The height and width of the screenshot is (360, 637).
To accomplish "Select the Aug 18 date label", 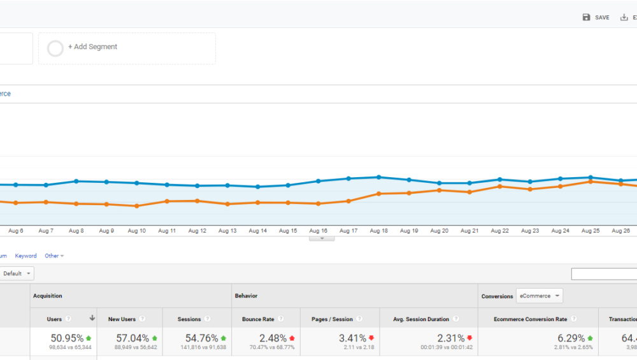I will coord(378,231).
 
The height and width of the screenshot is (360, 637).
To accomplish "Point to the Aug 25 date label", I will coord(590,231).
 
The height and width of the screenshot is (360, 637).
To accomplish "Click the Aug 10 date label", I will coord(136,231).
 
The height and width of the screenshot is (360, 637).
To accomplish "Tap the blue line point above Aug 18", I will coord(378,177).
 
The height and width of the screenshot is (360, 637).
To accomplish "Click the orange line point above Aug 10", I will coord(136,206).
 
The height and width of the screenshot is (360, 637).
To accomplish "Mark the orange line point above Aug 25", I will coord(590,182).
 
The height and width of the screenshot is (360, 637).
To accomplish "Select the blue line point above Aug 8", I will coord(76,181).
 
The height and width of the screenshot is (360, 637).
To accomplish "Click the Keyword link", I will coord(26,256).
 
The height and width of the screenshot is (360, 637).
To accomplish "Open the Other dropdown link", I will coord(54,256).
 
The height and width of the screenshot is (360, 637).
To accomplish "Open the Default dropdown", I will coord(17,273).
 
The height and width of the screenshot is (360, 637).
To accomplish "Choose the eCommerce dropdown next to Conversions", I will coord(539,296).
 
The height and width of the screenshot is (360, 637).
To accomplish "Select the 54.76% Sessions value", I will coord(201,338).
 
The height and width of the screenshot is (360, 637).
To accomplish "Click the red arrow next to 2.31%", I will coord(469,338).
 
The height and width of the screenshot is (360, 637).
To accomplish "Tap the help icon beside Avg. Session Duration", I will coord(455,319).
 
